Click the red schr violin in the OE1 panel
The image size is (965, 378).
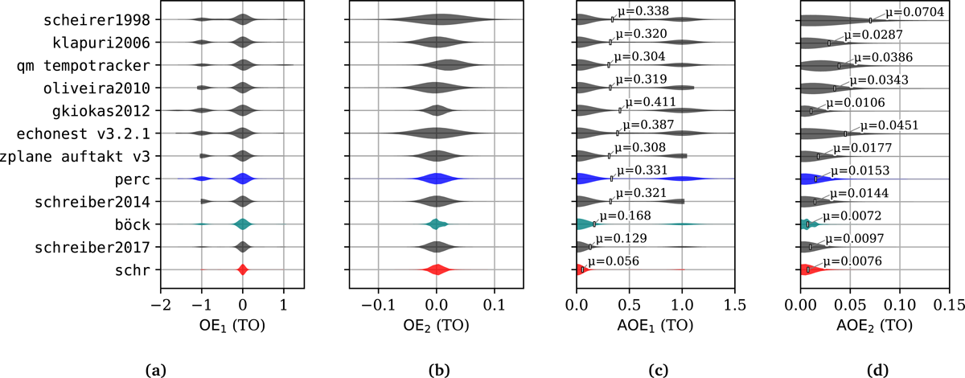pos(243,269)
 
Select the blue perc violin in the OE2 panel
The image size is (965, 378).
pos(436,179)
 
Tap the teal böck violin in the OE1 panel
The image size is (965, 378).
pos(243,224)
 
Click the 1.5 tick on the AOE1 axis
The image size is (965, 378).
pos(734,305)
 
